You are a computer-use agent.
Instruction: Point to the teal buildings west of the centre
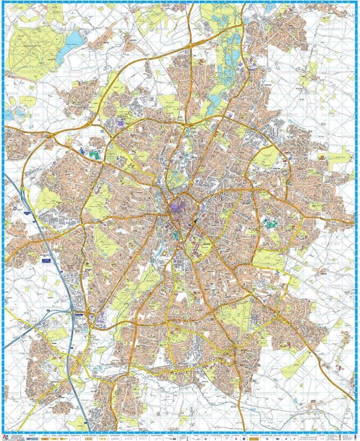(x=94, y=155)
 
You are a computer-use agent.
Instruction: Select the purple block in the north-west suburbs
(x=122, y=122)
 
